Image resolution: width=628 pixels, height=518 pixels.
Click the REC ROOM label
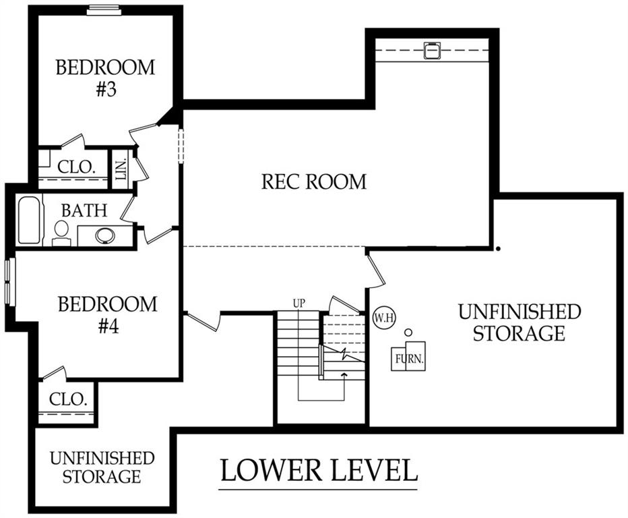point(314,181)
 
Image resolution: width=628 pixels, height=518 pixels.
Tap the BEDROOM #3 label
point(105,78)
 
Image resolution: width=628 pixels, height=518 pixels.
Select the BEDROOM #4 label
point(108,314)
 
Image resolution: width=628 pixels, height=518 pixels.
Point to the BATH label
point(84,210)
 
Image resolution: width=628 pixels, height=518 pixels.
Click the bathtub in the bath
point(30,220)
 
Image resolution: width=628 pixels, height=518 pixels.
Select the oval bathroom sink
point(104,235)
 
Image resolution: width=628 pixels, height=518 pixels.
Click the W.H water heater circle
point(381,316)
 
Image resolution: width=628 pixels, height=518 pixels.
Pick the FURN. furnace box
point(408,357)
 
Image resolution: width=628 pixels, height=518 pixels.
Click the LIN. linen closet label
point(121,169)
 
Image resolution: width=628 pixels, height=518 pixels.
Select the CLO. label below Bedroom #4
point(68,399)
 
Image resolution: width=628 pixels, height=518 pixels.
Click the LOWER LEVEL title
point(319,470)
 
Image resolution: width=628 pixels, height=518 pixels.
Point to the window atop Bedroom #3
point(104,9)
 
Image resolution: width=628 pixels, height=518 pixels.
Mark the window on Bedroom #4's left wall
point(9,281)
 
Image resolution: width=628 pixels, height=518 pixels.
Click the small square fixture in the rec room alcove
point(431,51)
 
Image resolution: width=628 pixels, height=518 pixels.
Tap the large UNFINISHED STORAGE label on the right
point(519,322)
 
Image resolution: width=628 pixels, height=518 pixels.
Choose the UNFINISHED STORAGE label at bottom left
point(102,467)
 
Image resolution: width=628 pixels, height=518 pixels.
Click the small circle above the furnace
point(408,333)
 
